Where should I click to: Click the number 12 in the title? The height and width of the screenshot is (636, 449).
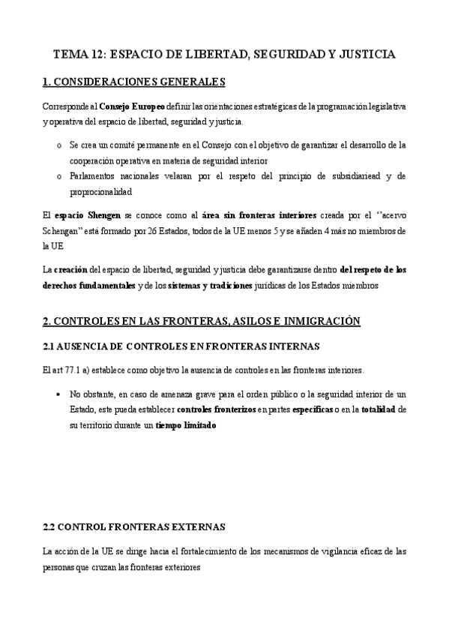coord(100,55)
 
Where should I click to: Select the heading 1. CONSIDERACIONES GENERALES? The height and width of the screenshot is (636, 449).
coord(134,82)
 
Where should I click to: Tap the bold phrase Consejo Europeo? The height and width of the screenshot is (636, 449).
coord(132,107)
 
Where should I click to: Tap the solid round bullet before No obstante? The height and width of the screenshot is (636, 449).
coord(58,394)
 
